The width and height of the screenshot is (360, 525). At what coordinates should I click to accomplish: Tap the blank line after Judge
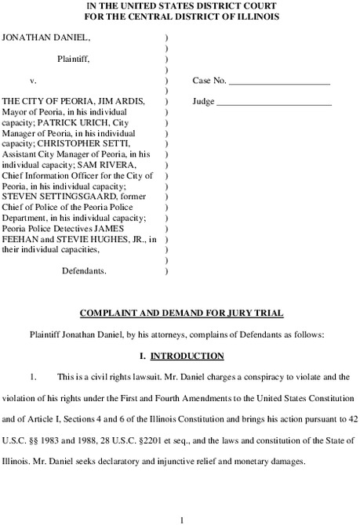pos(274,102)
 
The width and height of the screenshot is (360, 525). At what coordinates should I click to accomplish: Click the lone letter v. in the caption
pos(33,81)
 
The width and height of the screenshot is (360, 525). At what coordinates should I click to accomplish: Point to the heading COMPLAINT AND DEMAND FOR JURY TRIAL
pos(180,313)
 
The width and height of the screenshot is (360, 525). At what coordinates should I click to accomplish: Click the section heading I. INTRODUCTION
pos(180,355)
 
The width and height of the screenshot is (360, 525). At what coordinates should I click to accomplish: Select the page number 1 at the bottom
pos(180,518)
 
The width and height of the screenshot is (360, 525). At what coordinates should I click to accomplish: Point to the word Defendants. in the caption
pos(84,270)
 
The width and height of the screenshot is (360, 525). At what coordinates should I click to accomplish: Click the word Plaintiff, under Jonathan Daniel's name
pos(73,58)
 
